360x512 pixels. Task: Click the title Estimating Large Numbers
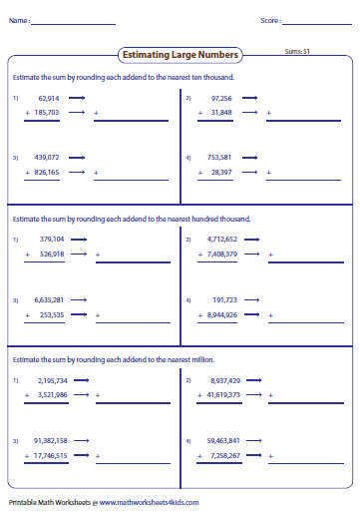180,55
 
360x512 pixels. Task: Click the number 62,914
49,99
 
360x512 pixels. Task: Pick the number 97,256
221,99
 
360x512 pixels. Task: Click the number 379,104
52,240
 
